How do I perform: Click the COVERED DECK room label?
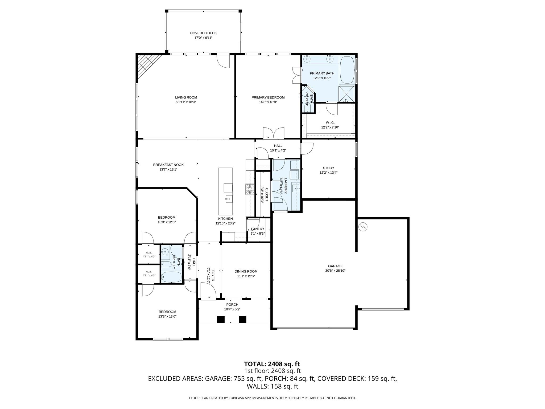tap(203, 33)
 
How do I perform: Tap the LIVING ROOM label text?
tap(186, 97)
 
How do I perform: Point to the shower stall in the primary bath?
tap(346, 94)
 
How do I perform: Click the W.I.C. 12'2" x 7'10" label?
tap(330, 125)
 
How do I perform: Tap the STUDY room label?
tap(328, 168)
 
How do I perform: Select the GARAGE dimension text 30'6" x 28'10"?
tap(335, 271)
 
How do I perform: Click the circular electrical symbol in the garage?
tap(363, 227)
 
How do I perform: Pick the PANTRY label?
tap(258, 229)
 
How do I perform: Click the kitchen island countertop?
tap(225, 191)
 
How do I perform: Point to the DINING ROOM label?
tap(246, 272)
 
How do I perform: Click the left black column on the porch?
tap(221, 319)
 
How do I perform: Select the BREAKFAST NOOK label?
tap(168, 165)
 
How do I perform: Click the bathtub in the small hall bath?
tap(171, 277)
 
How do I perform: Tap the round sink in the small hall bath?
tap(165, 251)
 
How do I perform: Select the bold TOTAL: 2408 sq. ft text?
tap(272, 364)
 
